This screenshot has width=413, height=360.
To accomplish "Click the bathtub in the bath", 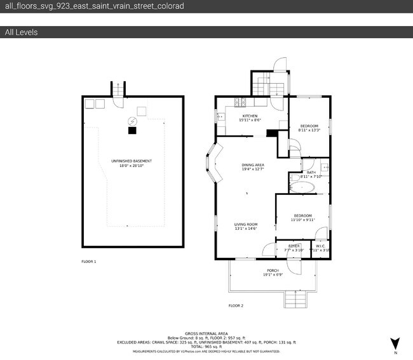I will pos(304,187).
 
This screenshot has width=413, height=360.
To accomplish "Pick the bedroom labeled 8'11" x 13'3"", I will pos(309,128).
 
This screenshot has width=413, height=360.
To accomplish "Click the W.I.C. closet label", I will pos(320,247).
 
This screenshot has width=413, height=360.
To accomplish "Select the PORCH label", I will pos(273,273).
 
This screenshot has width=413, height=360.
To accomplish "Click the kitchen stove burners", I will pos(241,102).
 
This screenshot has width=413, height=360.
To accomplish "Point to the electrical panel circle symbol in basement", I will pos(132,121).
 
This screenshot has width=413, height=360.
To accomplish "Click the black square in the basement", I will pos(132,131).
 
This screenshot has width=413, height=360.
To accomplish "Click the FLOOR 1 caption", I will pos(89,262).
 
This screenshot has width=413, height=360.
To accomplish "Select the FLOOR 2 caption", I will pos(236,305).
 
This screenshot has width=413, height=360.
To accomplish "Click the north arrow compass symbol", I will pos(395,343).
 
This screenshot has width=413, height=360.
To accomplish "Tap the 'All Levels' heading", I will pos(21,32).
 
